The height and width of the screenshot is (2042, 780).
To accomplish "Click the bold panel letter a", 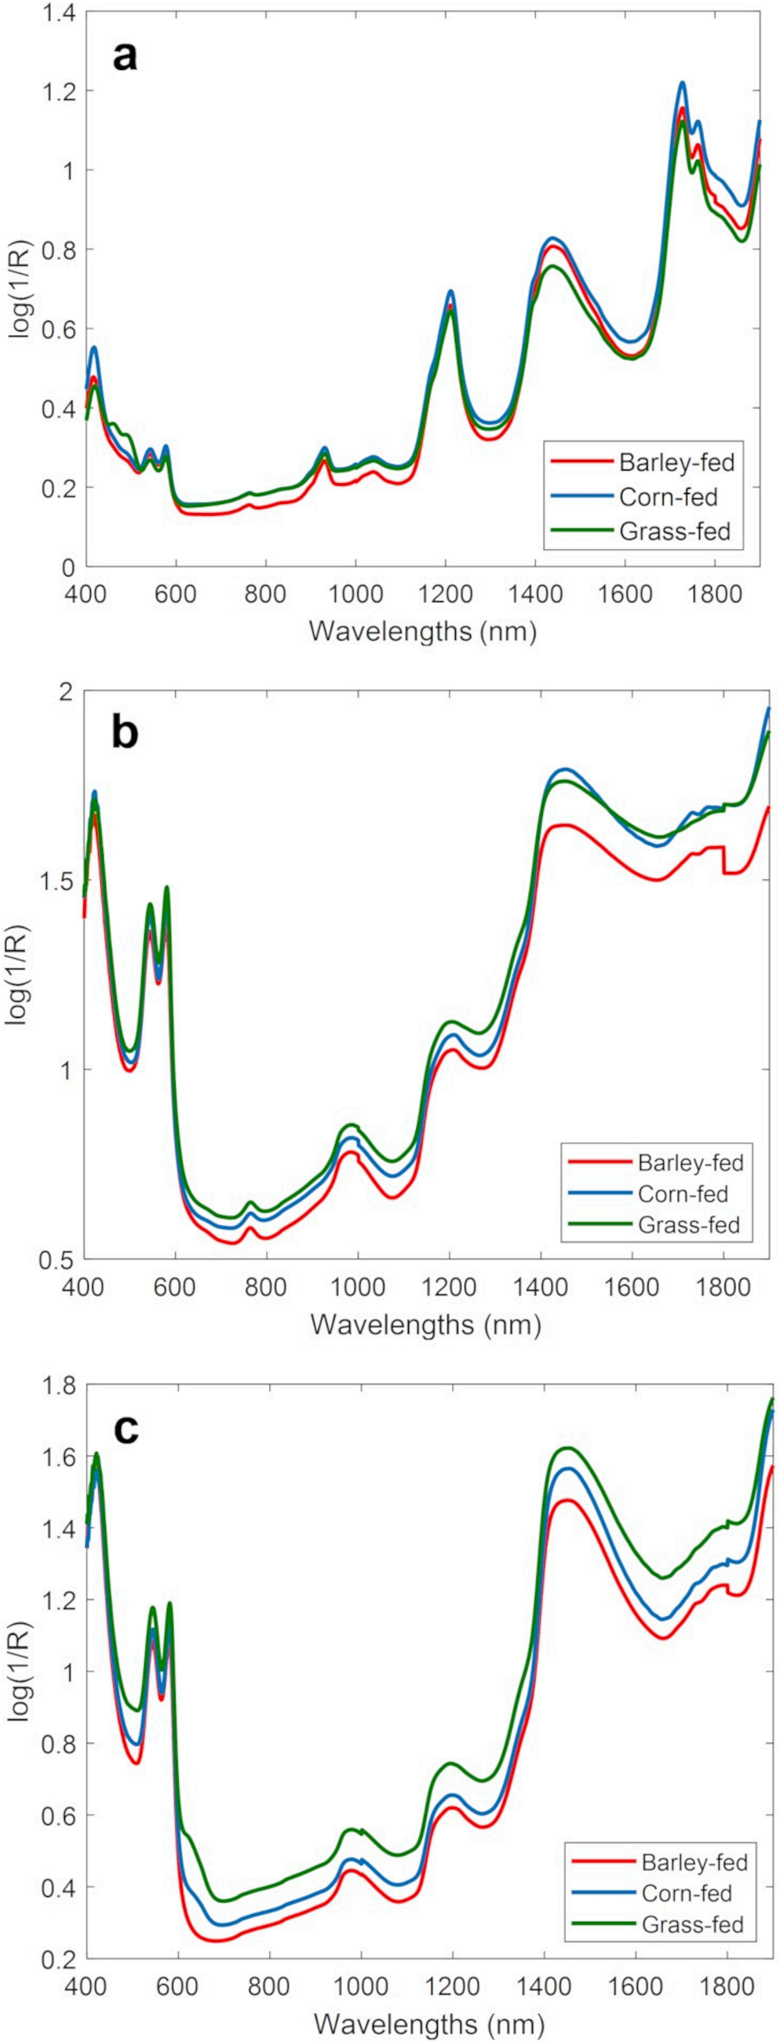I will [125, 57].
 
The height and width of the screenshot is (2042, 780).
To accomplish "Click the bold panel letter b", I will [125, 732].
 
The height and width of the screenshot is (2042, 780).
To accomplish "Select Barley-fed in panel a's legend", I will [676, 461].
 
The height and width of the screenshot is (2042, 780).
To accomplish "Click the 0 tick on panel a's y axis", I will [67, 567].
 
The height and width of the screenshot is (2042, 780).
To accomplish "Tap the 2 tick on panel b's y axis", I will [67, 691].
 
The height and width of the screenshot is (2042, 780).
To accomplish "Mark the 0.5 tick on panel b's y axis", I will [57, 1259].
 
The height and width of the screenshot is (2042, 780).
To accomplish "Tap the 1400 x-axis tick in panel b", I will [540, 1285].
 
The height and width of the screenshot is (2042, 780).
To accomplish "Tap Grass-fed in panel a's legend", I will [674, 531].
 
